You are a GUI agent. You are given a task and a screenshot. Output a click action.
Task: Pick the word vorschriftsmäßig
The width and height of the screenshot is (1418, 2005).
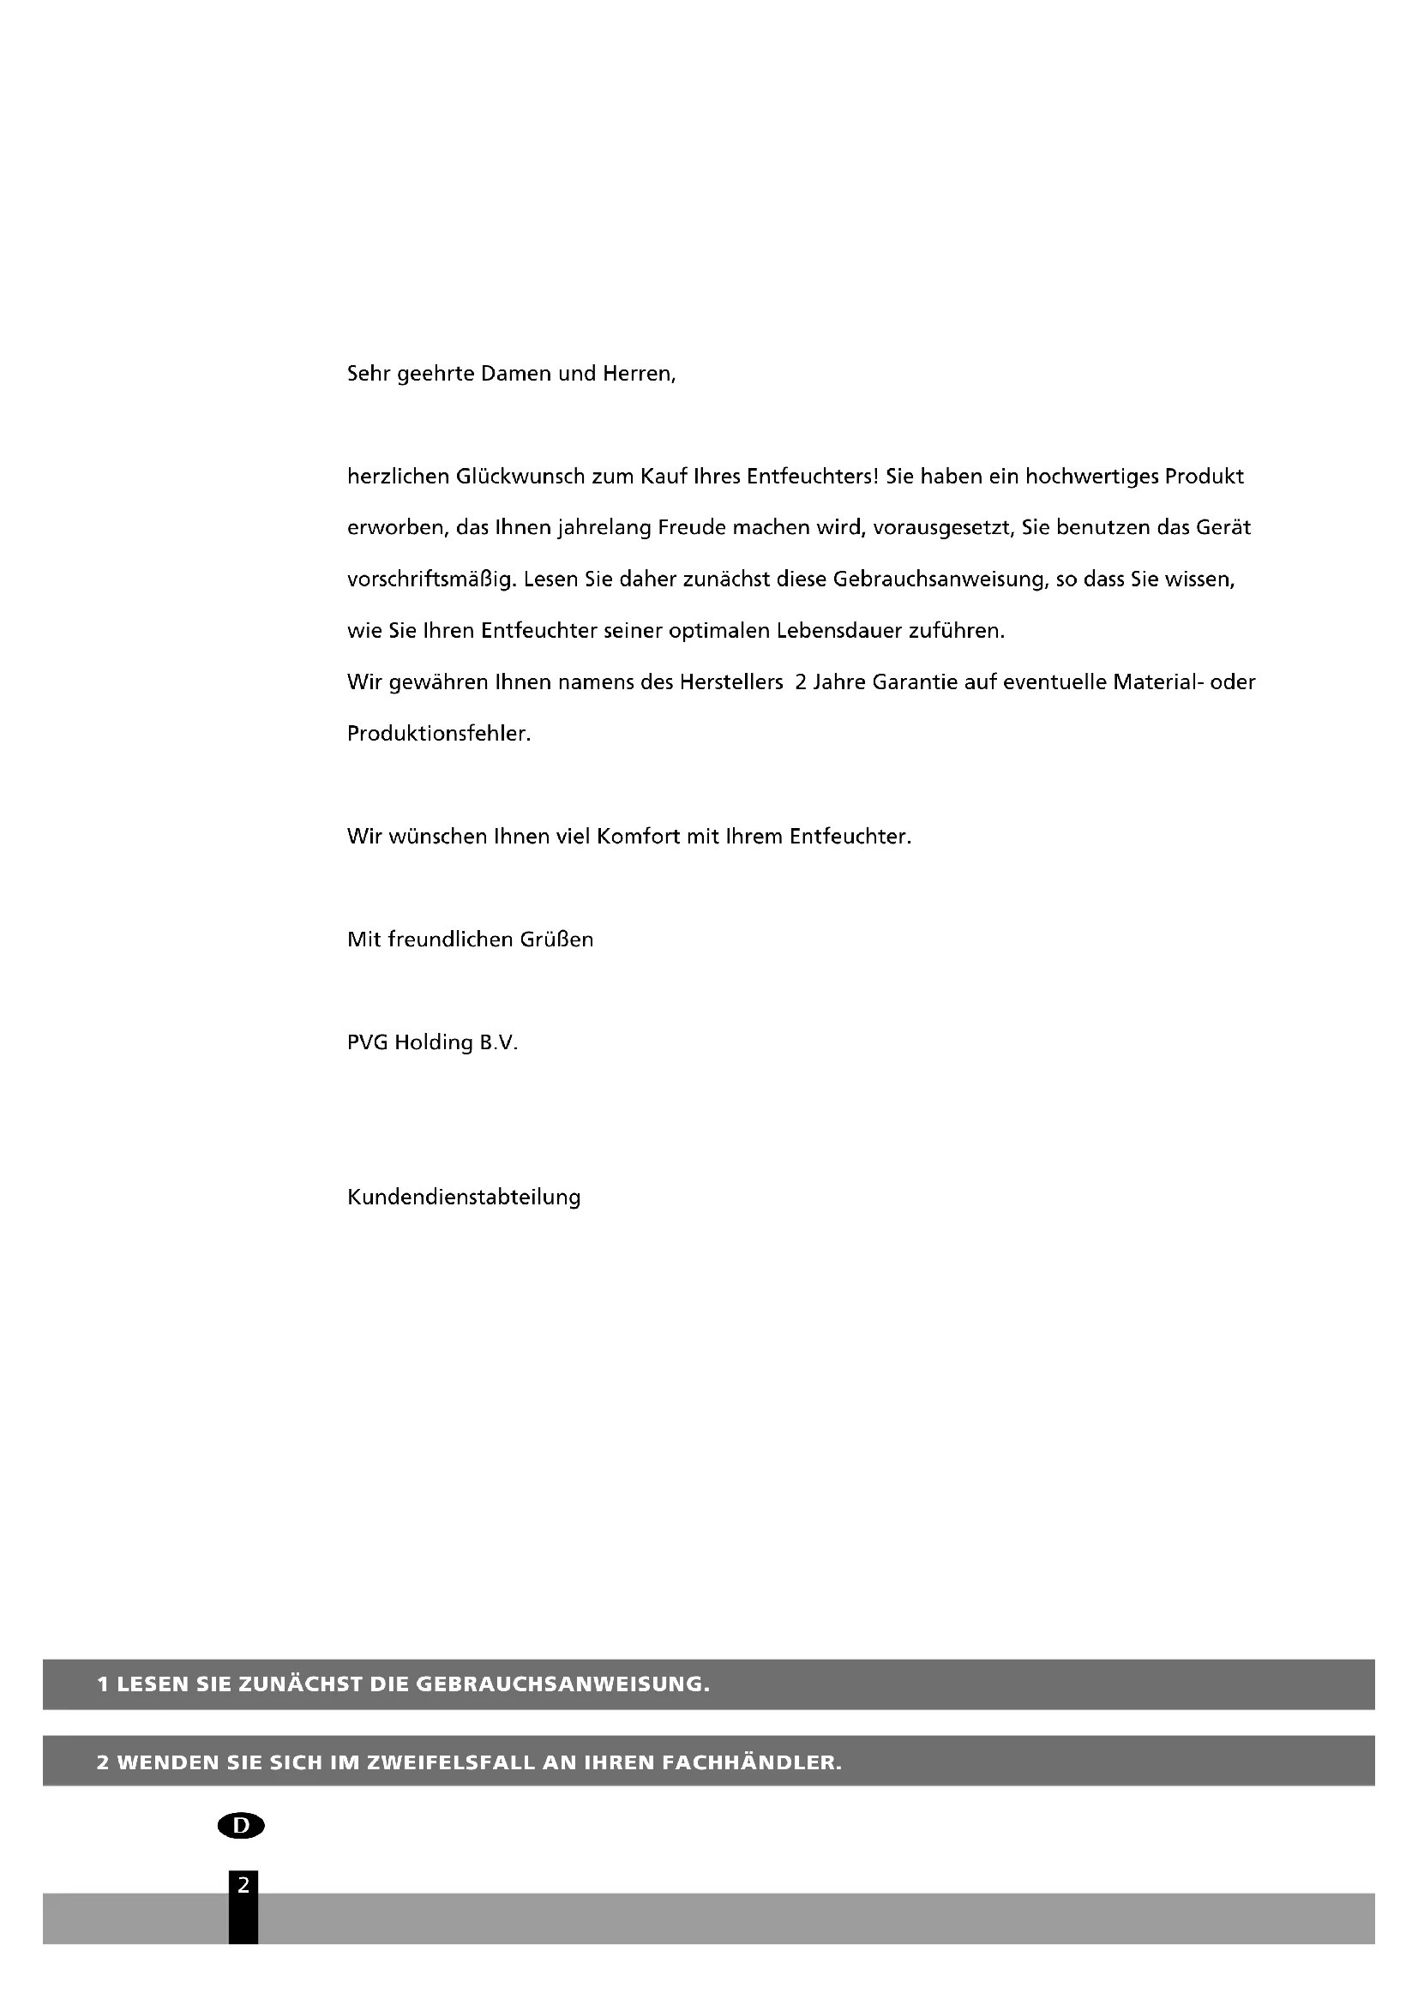pos(428,579)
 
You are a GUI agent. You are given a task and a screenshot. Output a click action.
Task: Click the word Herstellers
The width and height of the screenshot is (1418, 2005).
pos(730,682)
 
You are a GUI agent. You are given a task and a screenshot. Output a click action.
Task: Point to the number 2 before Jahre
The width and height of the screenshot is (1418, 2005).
pos(800,682)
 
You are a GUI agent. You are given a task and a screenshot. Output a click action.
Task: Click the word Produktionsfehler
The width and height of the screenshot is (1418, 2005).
pos(439,734)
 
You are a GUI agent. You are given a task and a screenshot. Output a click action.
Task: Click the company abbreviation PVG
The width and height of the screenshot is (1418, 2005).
pos(368,1042)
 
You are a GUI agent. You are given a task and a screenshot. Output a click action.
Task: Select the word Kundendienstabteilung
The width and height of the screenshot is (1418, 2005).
pos(464,1198)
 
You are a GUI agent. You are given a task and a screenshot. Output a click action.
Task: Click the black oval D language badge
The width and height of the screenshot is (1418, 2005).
pos(241,1825)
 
